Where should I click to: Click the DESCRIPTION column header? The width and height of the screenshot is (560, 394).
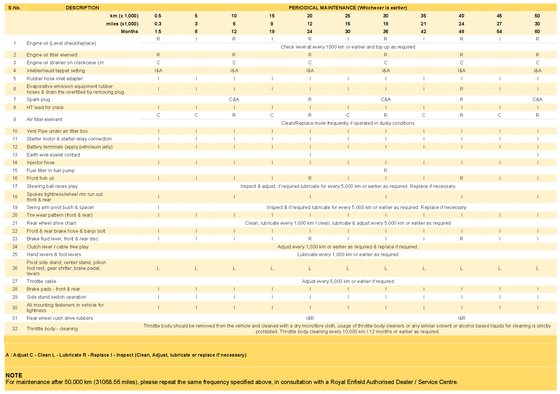point(82,8)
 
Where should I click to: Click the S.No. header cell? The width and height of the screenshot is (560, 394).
point(15,8)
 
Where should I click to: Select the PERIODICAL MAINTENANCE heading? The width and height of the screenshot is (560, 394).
point(348,8)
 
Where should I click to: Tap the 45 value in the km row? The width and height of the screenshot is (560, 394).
point(499,16)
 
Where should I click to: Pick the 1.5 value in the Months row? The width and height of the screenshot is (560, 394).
point(158,31)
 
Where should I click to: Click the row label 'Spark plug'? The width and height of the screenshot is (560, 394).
point(38,99)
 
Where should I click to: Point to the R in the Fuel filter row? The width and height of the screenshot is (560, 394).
point(386,170)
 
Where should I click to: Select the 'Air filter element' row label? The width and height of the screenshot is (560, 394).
point(44,119)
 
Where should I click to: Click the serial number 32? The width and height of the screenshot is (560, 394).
point(15,329)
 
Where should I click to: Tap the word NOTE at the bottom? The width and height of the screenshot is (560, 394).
point(14,375)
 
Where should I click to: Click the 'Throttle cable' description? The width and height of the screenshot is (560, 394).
point(41,281)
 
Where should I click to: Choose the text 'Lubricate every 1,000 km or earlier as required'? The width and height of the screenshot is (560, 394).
point(348,254)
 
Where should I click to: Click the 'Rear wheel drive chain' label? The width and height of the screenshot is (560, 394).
point(51,223)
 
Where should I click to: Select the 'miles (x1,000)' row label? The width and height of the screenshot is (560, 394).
point(122,24)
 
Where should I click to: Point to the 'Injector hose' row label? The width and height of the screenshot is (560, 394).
point(41,162)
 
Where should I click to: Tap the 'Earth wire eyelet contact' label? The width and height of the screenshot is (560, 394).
point(53,155)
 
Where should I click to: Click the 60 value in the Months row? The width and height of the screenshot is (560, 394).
point(537,31)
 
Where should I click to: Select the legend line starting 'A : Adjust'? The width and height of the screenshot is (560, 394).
point(126,355)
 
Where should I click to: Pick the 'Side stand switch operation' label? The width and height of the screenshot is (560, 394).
point(57,297)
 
